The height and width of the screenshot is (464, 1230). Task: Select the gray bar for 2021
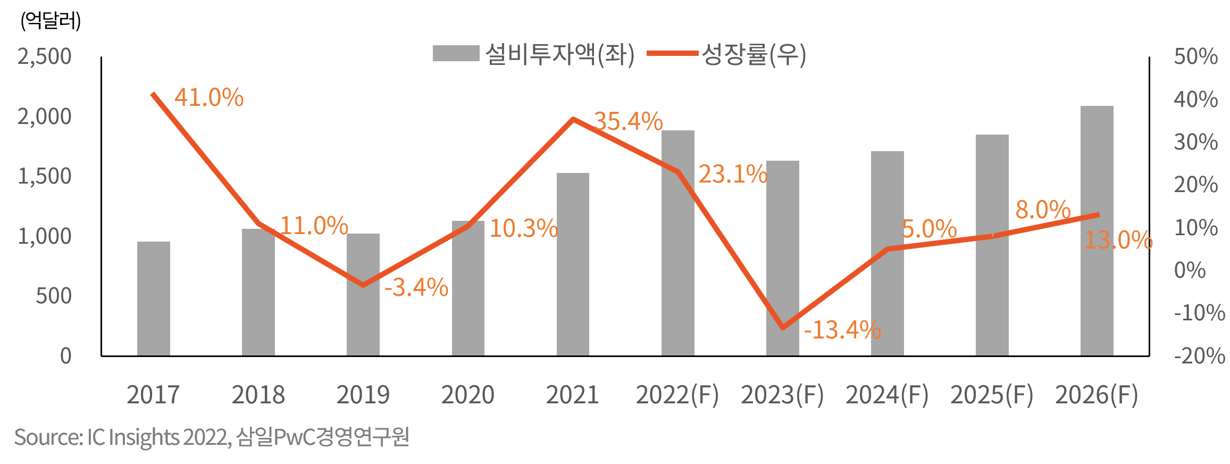pos(573,264)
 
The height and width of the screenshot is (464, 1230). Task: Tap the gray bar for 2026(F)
pos(1097,230)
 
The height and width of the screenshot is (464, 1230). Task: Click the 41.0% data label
pos(209,98)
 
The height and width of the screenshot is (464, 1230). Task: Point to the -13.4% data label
pos(842,330)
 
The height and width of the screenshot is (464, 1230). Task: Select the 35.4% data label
pos(628,121)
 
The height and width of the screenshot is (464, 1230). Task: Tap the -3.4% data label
pos(416,287)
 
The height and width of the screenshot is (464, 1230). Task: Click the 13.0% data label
pos(1118,240)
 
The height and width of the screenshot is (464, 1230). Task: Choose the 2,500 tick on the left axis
pos(44,56)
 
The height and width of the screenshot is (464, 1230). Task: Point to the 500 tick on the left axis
pos(53,296)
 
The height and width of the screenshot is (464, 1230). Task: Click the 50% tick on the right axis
pos(1195,56)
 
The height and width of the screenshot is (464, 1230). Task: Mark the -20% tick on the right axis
pos(1199,355)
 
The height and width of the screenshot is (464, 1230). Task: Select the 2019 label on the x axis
pos(363,395)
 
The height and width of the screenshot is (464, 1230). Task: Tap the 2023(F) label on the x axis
pos(782,395)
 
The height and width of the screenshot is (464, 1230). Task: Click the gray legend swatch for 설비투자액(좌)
pos(456,54)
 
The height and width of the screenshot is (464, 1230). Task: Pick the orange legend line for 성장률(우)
pos(672,54)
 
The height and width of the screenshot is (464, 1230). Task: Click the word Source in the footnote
pos(47,437)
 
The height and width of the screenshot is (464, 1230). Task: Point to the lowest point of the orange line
pos(783,328)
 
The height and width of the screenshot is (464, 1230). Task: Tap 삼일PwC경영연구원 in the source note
pos(322,437)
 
